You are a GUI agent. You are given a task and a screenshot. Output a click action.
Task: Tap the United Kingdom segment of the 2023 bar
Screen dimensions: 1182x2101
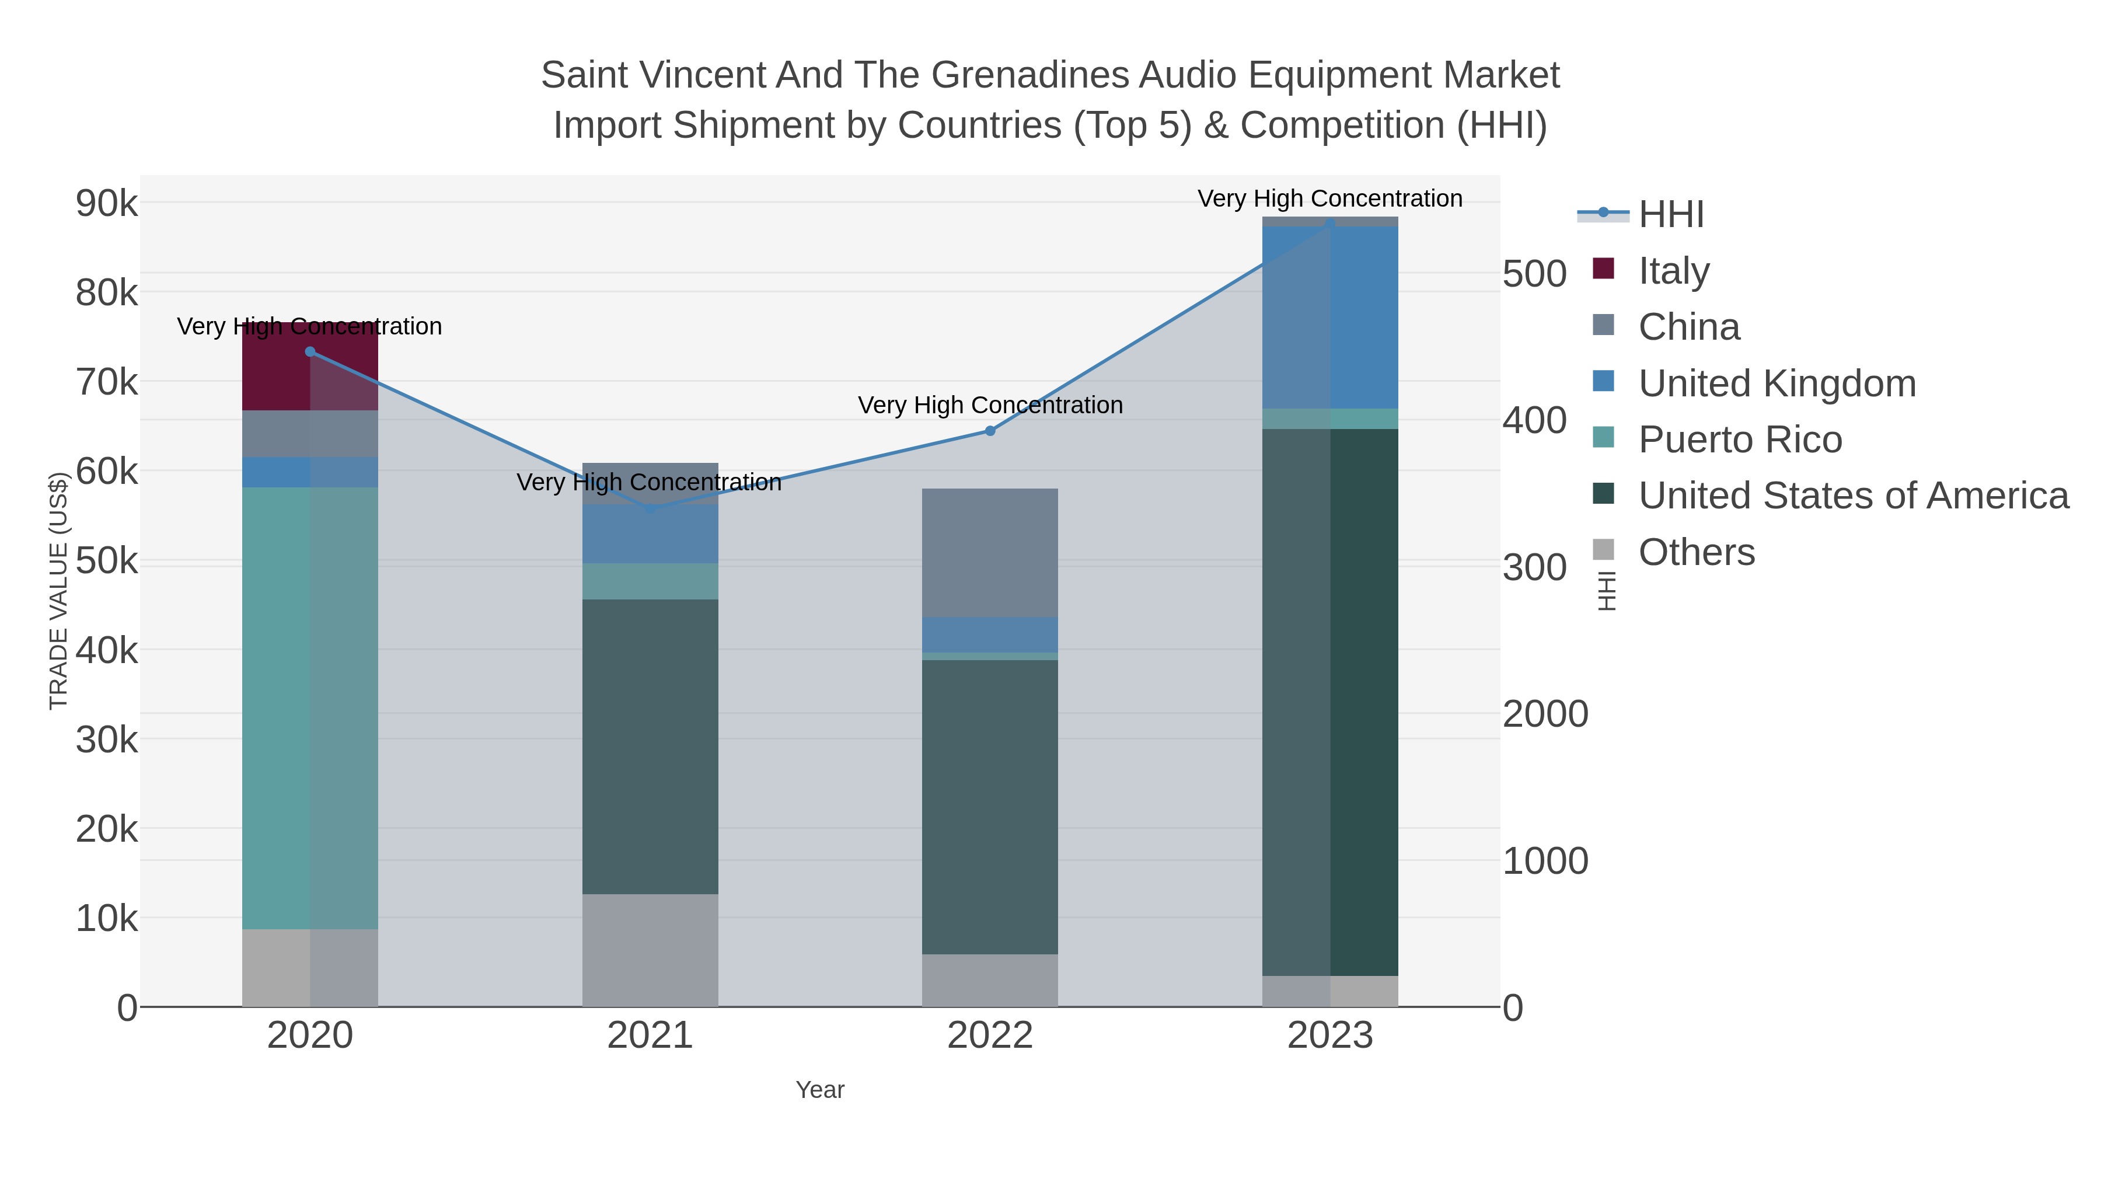[x=1329, y=318]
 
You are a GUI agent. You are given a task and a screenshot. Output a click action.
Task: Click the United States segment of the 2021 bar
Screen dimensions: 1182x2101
[x=650, y=747]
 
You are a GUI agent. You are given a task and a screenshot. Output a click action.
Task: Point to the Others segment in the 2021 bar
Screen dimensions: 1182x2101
[x=650, y=950]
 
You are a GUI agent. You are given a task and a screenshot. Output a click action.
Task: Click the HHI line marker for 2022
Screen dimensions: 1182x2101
[x=990, y=431]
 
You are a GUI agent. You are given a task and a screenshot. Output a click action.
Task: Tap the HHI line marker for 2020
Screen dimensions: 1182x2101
[x=310, y=351]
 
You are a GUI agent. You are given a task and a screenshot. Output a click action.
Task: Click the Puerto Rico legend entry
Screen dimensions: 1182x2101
[x=1740, y=440]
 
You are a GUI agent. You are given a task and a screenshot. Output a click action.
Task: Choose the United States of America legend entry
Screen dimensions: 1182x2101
[x=1853, y=496]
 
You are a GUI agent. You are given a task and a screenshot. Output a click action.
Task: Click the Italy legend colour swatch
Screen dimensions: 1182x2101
[x=1603, y=269]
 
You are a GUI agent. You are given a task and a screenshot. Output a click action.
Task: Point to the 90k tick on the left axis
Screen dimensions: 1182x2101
[x=107, y=203]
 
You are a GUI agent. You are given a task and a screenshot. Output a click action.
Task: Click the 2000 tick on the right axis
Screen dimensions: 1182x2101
[x=1545, y=714]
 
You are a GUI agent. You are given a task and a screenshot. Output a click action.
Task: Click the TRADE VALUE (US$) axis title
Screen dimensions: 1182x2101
[x=58, y=591]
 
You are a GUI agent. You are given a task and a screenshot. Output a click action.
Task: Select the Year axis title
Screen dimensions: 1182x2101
[x=820, y=1090]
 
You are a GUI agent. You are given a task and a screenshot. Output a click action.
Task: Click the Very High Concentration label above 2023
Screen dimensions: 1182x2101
[x=1329, y=198]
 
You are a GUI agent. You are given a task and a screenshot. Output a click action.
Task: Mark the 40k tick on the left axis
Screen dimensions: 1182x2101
[x=107, y=651]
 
